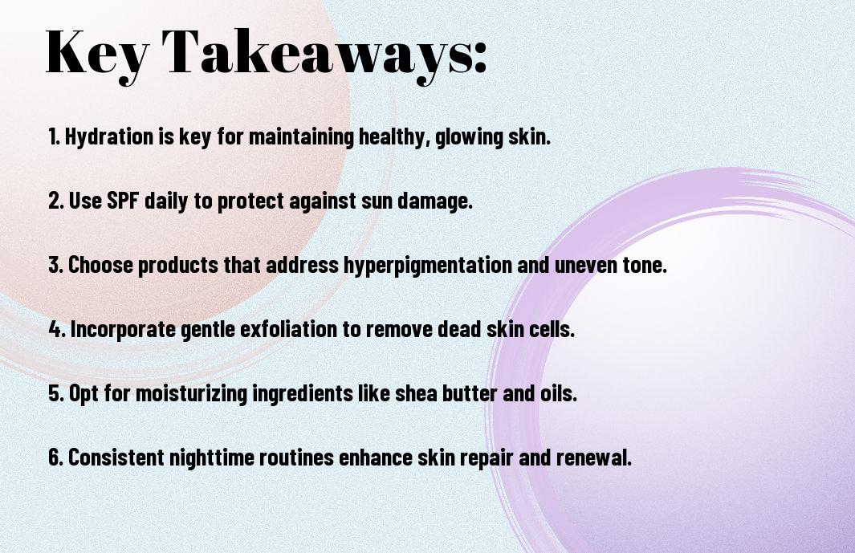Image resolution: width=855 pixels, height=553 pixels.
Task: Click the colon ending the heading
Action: [x=480, y=59]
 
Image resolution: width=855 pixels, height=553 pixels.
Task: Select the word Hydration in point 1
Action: [x=109, y=136]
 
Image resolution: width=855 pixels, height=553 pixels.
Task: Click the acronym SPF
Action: [x=122, y=201]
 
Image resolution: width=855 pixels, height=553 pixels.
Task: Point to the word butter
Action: [x=469, y=393]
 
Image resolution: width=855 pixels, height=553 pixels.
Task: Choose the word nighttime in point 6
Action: [x=212, y=457]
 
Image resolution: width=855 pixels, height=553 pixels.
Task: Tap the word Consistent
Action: [x=116, y=457]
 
